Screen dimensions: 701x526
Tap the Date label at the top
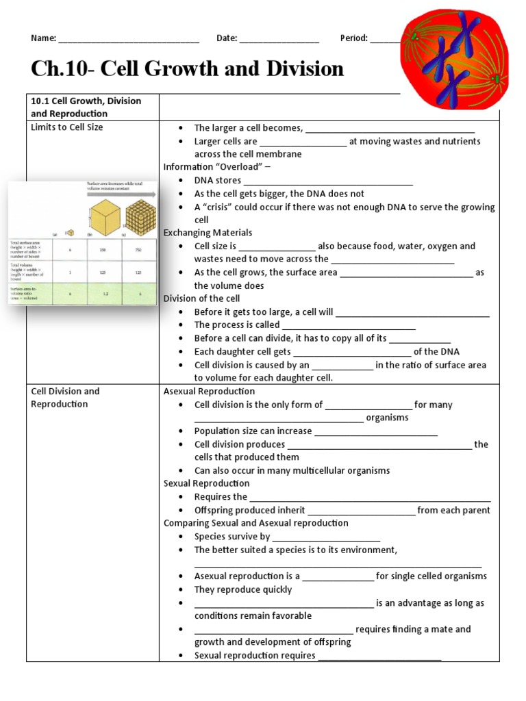(x=226, y=38)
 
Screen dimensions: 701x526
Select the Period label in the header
(x=354, y=38)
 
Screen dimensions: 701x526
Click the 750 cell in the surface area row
(x=138, y=250)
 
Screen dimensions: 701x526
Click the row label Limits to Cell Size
(x=67, y=127)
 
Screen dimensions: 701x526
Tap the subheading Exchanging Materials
(x=208, y=233)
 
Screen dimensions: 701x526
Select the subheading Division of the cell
(x=201, y=298)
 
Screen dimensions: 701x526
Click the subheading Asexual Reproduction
(x=209, y=391)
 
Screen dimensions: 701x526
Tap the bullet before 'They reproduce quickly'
(x=179, y=590)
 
